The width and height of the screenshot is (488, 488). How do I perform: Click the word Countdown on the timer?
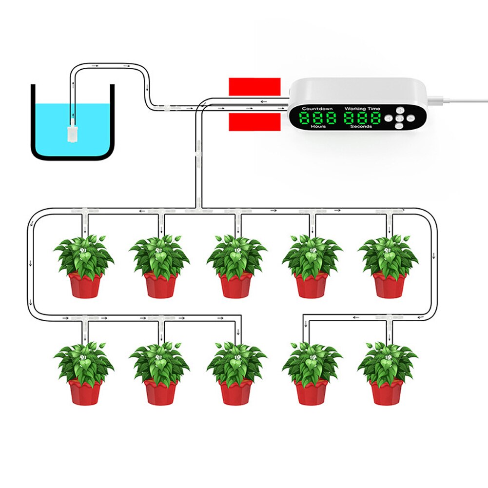(x=317, y=109)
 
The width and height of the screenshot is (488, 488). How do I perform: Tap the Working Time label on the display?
(x=363, y=109)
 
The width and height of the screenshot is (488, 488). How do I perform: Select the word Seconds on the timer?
(x=361, y=126)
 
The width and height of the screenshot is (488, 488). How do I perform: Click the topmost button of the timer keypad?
(x=399, y=110)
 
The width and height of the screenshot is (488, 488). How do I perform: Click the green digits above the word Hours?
(x=318, y=117)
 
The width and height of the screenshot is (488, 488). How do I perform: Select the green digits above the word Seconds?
(x=362, y=117)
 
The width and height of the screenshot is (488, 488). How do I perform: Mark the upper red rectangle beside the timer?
(x=255, y=87)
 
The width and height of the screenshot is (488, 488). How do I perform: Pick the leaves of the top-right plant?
(x=388, y=254)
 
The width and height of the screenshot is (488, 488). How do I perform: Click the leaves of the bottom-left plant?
(x=84, y=363)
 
